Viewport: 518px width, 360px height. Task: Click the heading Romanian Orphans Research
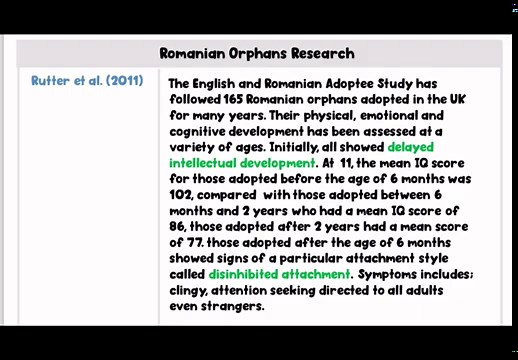[257, 54]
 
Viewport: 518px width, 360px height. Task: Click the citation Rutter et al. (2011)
[87, 81]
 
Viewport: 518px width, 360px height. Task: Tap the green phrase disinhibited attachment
[280, 274]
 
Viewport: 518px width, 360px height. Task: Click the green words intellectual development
[242, 163]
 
